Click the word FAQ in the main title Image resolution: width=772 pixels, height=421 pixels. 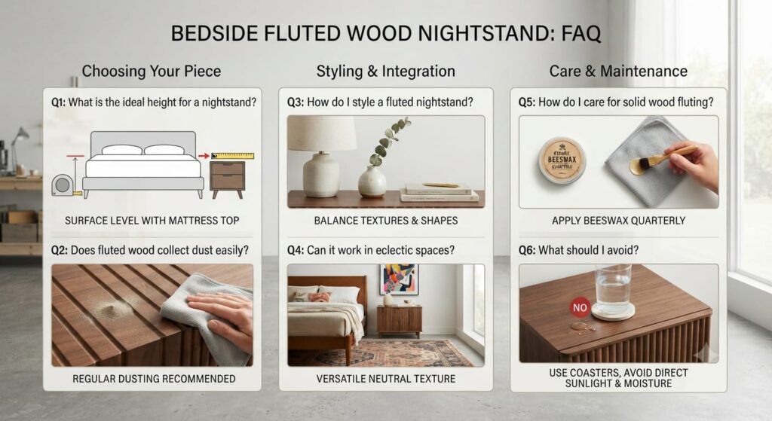581,33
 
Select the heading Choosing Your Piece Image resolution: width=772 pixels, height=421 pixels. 151,72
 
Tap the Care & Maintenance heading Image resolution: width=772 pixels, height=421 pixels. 618,72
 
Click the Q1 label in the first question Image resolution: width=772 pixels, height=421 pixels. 58,102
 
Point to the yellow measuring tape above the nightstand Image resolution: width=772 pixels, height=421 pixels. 232,156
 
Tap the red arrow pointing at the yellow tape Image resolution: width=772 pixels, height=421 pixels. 204,156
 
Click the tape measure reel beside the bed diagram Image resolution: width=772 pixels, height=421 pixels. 63,185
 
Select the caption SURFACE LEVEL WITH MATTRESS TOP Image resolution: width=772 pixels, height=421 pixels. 152,221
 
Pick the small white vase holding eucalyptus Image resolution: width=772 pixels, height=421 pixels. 372,182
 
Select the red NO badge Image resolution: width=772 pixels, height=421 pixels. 580,307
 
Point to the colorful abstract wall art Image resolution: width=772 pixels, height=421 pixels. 400,279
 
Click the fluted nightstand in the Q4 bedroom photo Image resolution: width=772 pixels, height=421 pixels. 400,321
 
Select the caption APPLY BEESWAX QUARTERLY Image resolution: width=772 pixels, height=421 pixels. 618,221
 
